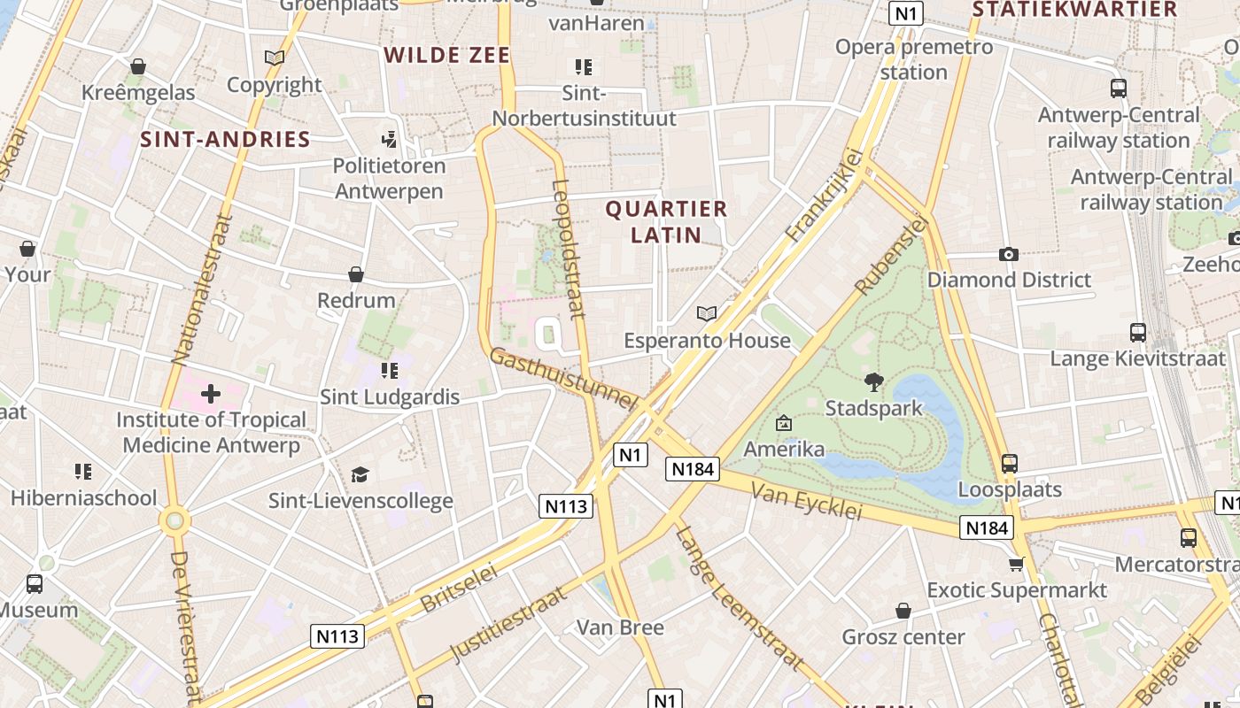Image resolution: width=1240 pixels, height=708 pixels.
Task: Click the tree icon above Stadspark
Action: [x=874, y=382]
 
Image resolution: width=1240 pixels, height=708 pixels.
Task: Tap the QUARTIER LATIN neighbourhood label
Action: [x=666, y=222]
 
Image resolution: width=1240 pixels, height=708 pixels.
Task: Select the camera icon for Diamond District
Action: [x=1008, y=255]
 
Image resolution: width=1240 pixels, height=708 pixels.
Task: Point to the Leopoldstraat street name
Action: [x=568, y=249]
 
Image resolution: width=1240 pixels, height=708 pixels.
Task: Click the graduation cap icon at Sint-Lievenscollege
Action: [x=360, y=475]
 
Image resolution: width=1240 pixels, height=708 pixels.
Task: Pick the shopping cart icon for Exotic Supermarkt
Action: [x=1017, y=564]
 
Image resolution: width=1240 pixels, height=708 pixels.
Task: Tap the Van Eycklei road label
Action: [x=806, y=501]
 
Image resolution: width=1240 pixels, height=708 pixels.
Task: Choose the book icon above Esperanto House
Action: [x=706, y=314]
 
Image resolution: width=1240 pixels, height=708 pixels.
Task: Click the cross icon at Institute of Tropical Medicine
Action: [x=211, y=394]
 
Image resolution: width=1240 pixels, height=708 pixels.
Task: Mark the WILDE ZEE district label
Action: [x=447, y=56]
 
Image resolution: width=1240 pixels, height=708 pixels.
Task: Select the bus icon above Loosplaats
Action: [x=1009, y=463]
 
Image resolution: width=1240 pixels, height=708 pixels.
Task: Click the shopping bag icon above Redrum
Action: [x=356, y=274]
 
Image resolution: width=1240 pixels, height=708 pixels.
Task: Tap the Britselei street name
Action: [x=459, y=588]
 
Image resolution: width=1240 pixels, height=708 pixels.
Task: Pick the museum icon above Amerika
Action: [x=783, y=424]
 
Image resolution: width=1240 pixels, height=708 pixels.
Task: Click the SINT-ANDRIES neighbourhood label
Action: [x=226, y=140]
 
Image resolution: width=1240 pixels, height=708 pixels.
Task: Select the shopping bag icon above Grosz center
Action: [x=903, y=611]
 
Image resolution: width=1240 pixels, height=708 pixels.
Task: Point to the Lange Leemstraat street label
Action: [x=739, y=597]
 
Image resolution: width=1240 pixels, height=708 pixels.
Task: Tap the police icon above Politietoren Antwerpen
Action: [x=389, y=140]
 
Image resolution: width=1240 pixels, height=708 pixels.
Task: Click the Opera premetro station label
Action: [x=914, y=59]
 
